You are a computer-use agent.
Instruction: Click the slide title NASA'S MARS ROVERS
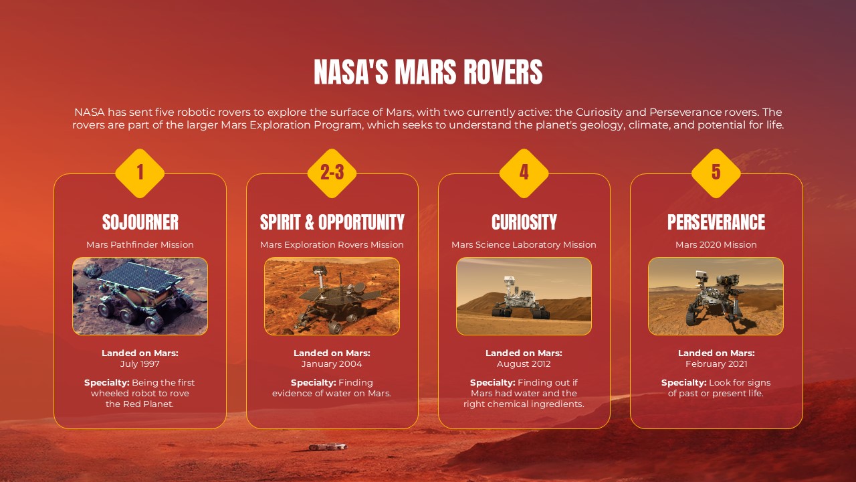tap(428, 72)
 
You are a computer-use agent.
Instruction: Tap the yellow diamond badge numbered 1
tap(140, 173)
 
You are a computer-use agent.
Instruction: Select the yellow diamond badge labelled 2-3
tap(332, 173)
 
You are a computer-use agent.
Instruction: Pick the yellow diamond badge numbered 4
tap(524, 173)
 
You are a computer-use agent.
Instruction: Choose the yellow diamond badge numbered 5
tap(716, 173)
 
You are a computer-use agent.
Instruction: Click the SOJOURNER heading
tap(140, 222)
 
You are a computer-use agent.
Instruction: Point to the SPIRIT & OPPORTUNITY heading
tap(332, 222)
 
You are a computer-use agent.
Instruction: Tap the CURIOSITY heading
tap(524, 222)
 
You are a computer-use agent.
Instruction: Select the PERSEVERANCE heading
tap(716, 222)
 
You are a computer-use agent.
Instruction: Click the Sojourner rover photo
tap(140, 296)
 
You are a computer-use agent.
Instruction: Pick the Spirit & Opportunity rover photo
tap(332, 296)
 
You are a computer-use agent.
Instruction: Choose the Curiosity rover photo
tap(524, 296)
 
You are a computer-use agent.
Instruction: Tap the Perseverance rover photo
tap(716, 296)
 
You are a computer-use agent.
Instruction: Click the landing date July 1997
tap(140, 364)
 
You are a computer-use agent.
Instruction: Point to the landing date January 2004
tap(332, 364)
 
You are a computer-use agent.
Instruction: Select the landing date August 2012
tap(524, 364)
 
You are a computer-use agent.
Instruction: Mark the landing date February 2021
tap(716, 364)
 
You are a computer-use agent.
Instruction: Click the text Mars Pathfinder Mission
tap(140, 245)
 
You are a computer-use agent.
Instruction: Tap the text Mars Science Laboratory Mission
tap(524, 245)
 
